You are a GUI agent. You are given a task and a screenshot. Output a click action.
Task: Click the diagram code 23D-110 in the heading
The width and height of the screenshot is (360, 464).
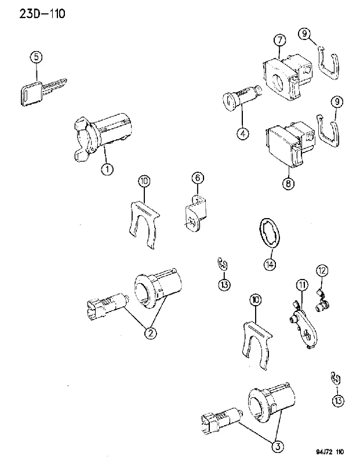coord(42,13)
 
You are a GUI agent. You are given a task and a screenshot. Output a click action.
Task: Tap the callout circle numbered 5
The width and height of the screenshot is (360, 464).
coord(36,57)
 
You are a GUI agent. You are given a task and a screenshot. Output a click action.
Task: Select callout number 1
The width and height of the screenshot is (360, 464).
coord(107,169)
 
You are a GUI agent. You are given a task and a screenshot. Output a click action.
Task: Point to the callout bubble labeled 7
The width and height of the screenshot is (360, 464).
coord(279,40)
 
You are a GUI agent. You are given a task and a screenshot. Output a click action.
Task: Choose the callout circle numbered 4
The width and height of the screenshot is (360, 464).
coord(242,134)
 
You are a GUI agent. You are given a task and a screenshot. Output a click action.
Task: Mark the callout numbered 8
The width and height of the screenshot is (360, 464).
coord(288,183)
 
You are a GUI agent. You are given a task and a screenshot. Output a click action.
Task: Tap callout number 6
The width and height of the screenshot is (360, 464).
coord(198,177)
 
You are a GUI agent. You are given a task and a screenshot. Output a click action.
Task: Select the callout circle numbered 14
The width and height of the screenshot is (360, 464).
coord(270,264)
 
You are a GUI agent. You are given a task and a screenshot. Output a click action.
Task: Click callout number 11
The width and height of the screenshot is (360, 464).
coord(301,285)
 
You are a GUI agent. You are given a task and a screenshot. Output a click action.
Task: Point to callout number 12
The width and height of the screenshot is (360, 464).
coord(322,270)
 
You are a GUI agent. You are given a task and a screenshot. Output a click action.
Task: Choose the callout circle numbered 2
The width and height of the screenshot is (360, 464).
coord(151,333)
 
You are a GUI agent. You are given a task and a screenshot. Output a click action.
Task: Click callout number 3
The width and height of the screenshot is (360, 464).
coord(278,446)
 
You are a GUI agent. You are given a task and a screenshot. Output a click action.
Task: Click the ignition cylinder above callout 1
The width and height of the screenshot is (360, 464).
coord(102,136)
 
